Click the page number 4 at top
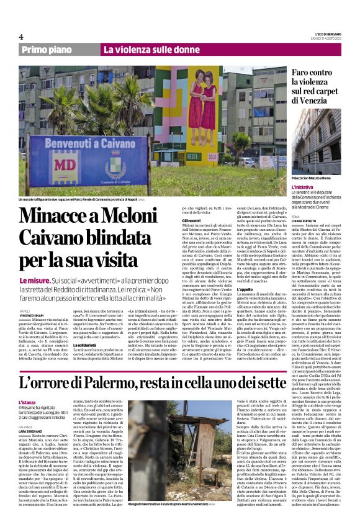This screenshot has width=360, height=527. (21, 37)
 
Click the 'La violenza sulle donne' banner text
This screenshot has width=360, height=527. (151, 50)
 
